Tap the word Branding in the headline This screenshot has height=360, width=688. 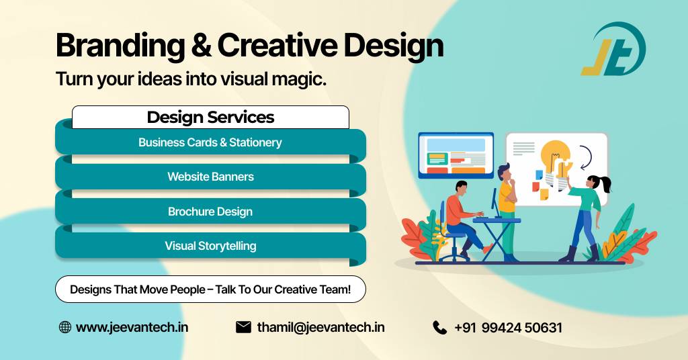click(120, 46)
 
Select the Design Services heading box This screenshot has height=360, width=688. click(210, 117)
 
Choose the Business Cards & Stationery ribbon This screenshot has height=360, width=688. click(210, 142)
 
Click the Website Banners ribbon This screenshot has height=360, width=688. click(210, 177)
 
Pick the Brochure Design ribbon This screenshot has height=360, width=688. click(210, 212)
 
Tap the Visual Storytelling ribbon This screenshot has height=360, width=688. click(210, 246)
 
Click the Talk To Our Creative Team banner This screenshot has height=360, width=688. click(210, 289)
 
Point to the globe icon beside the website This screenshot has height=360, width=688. click(65, 327)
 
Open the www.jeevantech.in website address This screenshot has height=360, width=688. click(132, 328)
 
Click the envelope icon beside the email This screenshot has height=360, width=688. click(243, 327)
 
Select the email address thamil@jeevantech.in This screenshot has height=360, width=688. click(320, 328)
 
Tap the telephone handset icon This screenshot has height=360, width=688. click(439, 328)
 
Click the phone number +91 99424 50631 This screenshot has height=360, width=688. click(508, 328)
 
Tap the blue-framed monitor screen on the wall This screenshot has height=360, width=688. click(456, 155)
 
